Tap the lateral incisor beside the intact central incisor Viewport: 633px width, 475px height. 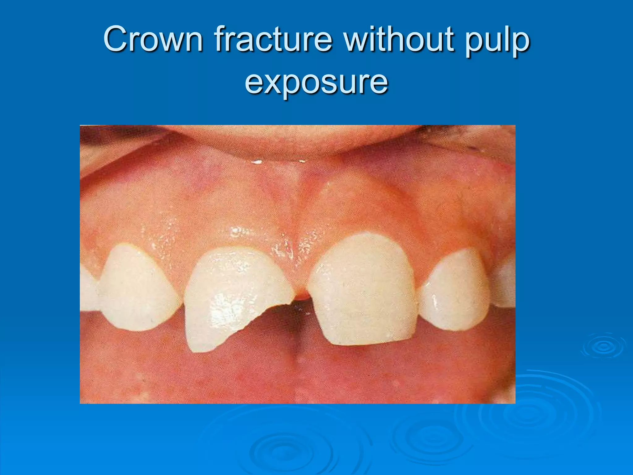[453, 291]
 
